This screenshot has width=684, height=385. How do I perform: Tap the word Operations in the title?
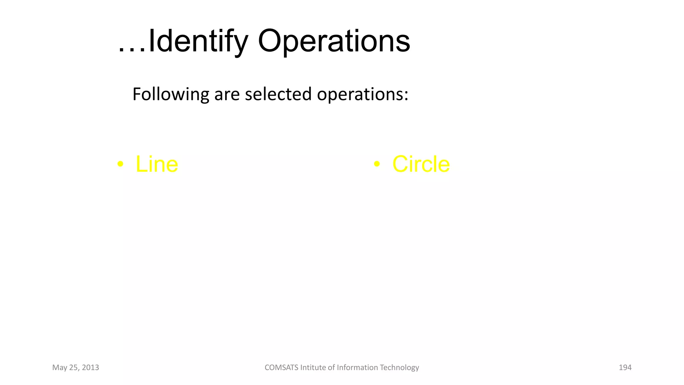334,41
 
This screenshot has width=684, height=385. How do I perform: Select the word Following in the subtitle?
171,94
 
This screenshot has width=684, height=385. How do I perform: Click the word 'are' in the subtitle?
227,94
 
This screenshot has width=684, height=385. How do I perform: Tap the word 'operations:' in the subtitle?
363,94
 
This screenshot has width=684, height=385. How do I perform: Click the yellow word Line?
157,164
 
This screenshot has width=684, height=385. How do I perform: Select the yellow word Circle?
421,164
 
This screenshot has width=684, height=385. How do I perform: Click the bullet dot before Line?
121,164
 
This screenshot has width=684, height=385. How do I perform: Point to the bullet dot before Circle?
377,164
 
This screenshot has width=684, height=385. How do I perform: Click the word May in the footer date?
60,368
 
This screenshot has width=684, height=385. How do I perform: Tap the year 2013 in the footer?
90,368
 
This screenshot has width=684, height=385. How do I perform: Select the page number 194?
625,368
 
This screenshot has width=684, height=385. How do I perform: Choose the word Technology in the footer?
399,368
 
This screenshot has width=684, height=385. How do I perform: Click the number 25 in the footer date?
73,368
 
